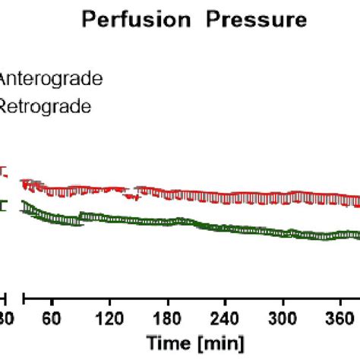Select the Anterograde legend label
pyautogui.click(x=52, y=78)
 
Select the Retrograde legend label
pyautogui.click(x=46, y=106)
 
